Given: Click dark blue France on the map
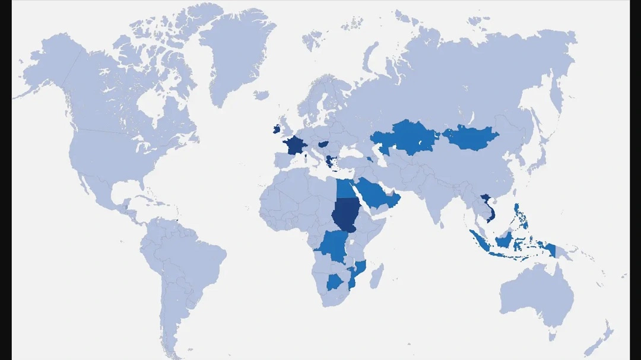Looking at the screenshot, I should (293, 145).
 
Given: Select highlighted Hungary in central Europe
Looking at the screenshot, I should (324, 144).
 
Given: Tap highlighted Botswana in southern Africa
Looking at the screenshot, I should (335, 282).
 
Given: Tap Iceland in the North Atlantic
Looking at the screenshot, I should (261, 95).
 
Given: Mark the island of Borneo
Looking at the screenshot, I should (504, 240).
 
